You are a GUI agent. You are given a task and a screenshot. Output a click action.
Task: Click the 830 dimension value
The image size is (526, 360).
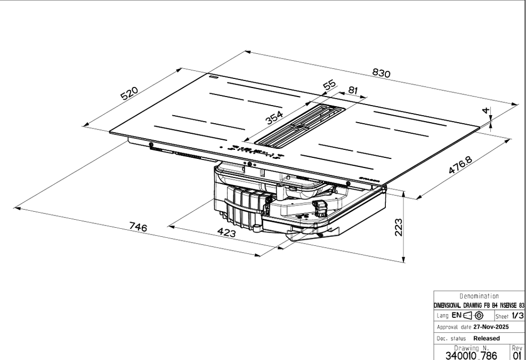coord(382,73)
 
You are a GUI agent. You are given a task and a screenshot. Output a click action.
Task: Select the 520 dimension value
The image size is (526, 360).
coord(130,93)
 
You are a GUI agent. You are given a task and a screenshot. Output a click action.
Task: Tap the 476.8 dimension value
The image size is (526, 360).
coord(460,165)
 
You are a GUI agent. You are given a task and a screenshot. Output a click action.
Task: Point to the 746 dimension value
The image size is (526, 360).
coord(138,227)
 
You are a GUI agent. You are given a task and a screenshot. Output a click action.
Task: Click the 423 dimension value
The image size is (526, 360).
coord(227,233)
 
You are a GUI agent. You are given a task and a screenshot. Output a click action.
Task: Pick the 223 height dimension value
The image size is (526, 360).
coord(398,227)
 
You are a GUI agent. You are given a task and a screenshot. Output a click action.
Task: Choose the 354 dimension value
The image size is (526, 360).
coord(274,118)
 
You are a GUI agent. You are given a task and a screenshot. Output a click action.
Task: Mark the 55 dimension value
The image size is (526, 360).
coord(329,85)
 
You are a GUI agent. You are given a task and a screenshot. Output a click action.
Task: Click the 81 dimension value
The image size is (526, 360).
coord(353,90)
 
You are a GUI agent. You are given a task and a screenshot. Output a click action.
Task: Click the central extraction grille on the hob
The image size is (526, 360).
coord(300,126)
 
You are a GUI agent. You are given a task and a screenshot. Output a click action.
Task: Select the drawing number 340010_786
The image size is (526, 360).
coord(471,355)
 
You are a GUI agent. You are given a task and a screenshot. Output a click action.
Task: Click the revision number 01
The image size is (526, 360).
coord(517,355)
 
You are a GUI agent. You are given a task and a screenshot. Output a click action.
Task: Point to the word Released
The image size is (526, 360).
coord(487,338)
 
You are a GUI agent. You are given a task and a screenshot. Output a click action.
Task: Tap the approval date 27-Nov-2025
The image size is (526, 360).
coord(491,327)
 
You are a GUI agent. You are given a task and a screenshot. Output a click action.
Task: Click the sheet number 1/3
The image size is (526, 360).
coord(517,316)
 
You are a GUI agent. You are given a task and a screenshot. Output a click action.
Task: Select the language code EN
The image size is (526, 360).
coord(457,315)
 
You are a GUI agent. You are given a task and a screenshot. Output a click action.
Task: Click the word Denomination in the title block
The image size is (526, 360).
coord(479,296)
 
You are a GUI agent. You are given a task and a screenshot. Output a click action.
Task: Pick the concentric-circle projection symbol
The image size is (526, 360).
coord(479,316)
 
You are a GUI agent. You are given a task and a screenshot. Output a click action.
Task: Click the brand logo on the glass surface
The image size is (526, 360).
coord(369,180)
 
